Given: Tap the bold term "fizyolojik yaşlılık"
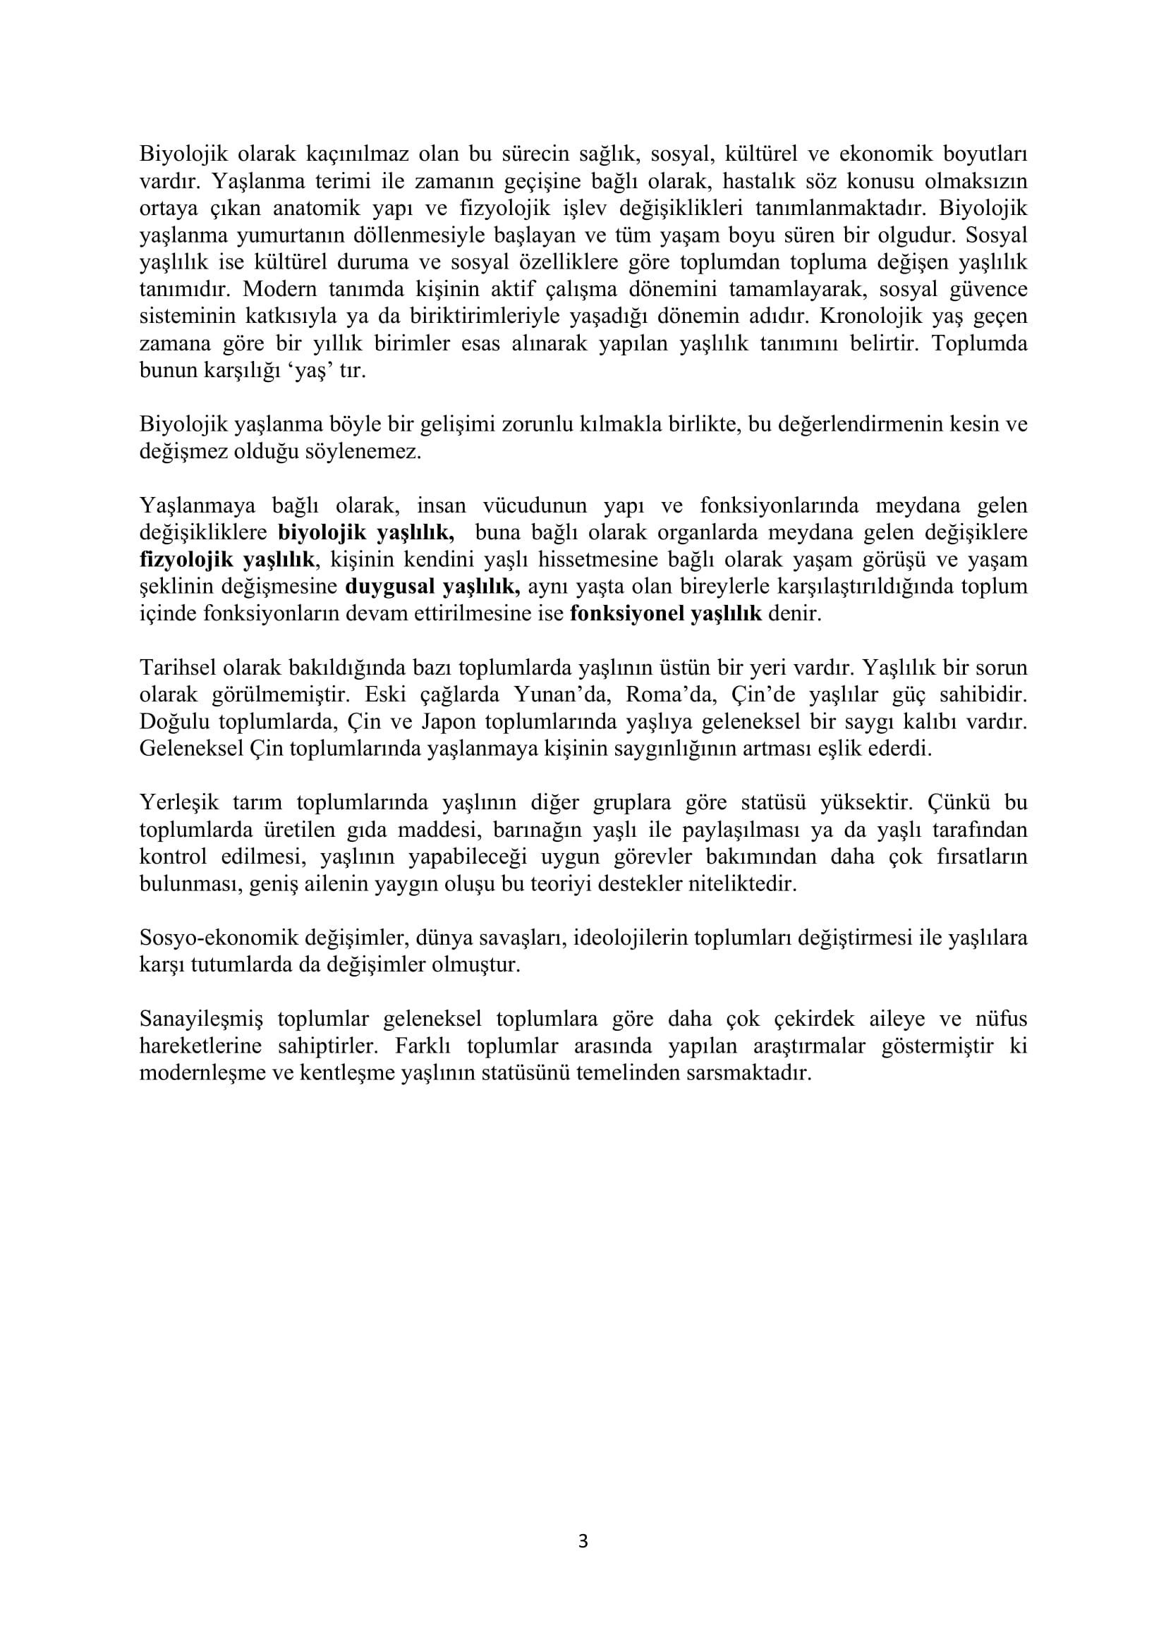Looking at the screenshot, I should coord(227,560).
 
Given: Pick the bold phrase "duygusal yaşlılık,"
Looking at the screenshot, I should coord(432,587).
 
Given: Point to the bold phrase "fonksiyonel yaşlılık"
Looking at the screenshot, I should coord(665,614).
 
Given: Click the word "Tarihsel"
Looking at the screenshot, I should coord(178,668).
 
